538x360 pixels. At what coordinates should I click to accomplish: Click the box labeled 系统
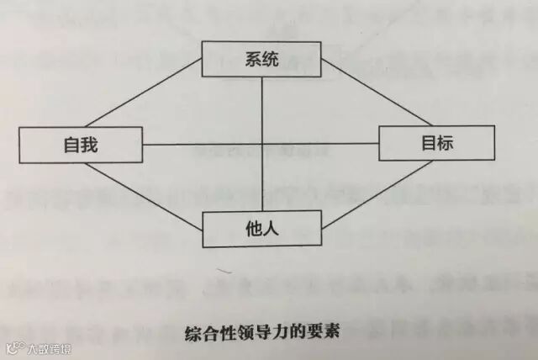click(261, 59)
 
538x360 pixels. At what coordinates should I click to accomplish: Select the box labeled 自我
click(81, 146)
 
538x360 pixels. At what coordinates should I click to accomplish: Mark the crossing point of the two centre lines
click(262, 144)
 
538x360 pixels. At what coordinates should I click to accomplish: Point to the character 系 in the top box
click(252, 59)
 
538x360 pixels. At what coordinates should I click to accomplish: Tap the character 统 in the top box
click(271, 59)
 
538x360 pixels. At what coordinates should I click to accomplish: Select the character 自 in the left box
click(71, 146)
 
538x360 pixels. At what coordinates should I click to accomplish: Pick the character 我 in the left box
click(90, 146)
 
